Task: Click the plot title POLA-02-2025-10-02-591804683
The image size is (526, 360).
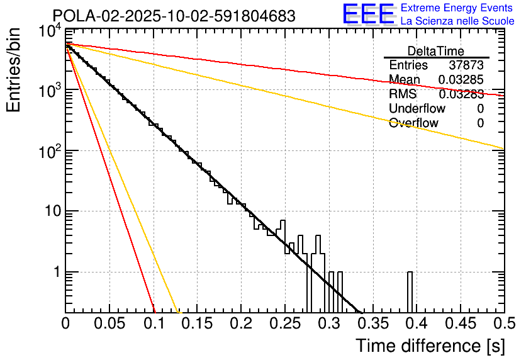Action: tap(174, 16)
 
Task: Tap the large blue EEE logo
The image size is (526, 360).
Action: tap(367, 14)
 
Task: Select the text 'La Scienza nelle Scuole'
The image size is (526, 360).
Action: tap(457, 21)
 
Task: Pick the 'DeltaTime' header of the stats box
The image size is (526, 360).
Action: tap(436, 51)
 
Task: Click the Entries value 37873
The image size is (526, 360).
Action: tap(466, 65)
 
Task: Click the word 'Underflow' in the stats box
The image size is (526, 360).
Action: tap(417, 109)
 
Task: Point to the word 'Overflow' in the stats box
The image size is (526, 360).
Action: tap(413, 123)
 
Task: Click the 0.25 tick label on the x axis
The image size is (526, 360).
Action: tap(284, 323)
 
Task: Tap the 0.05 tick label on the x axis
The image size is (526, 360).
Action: tap(109, 323)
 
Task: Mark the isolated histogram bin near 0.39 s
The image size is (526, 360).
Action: tap(410, 291)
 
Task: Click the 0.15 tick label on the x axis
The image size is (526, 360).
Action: tap(197, 323)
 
